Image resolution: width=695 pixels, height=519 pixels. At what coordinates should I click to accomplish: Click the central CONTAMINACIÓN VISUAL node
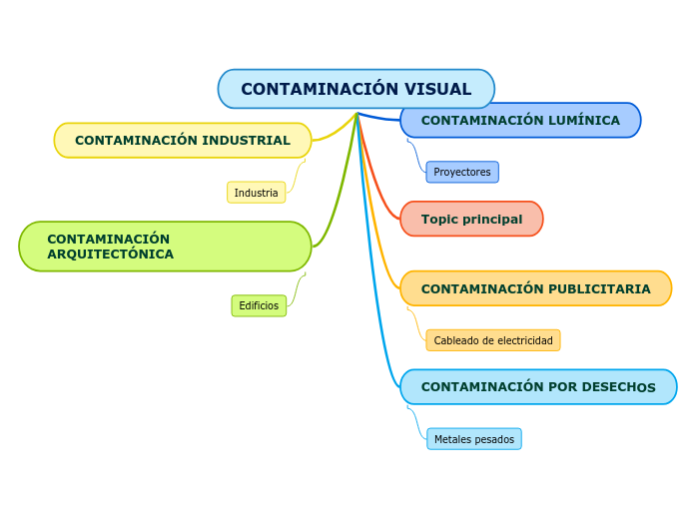(355, 89)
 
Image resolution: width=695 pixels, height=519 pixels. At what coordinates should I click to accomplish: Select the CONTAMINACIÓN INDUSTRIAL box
(183, 141)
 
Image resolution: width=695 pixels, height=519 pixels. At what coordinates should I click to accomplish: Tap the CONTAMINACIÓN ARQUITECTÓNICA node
(165, 247)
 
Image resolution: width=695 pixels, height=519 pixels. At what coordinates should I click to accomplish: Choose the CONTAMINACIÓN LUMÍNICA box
(520, 121)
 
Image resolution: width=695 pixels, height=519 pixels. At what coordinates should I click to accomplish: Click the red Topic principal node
(471, 219)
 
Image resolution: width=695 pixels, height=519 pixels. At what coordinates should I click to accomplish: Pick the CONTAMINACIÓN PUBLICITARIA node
(535, 288)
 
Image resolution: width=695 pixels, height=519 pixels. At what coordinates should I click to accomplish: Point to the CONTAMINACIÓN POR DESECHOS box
(538, 387)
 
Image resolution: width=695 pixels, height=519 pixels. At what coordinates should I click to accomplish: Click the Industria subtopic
(257, 193)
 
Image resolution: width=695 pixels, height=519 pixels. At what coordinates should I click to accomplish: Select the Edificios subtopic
(259, 305)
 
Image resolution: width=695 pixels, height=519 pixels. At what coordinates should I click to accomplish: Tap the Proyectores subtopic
(462, 172)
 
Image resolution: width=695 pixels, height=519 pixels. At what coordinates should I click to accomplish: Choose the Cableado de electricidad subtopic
(493, 340)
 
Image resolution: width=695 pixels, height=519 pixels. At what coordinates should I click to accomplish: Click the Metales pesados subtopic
(474, 439)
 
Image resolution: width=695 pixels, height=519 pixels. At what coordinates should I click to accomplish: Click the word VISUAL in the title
(436, 89)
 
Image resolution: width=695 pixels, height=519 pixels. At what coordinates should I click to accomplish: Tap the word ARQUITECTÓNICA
(111, 255)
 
